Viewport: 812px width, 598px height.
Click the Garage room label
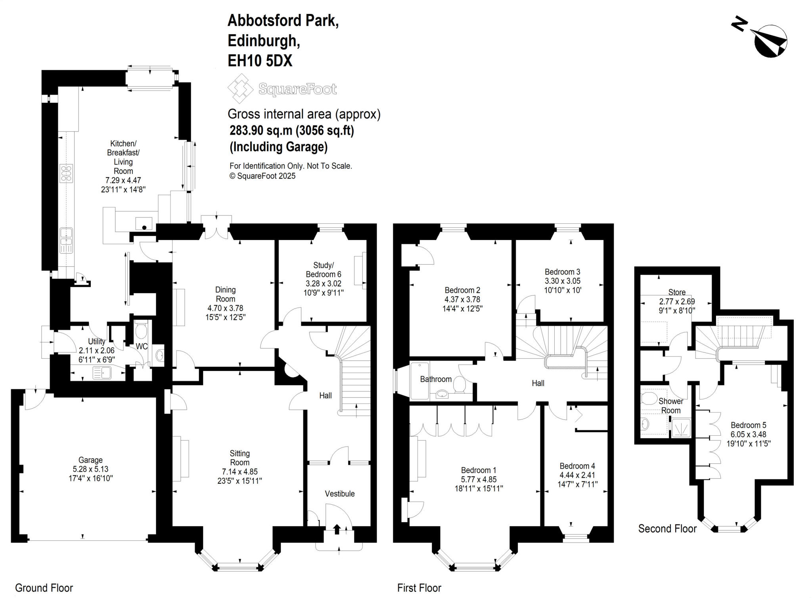[90, 460]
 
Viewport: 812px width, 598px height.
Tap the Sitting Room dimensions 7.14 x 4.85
[239, 472]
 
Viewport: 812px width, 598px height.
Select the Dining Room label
[225, 294]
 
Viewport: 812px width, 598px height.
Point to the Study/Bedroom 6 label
[323, 269]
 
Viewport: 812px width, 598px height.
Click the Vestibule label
[339, 494]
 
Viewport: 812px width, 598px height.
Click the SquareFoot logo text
[297, 89]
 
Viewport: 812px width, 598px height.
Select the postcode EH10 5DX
[260, 61]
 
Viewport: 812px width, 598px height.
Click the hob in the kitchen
[66, 173]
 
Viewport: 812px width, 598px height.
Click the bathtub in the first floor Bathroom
[419, 380]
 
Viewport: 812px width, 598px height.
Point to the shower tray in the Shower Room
[681, 429]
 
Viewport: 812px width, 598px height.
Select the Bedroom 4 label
[577, 466]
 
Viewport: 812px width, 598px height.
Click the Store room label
[676, 292]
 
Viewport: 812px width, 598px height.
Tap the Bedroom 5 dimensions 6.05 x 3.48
[748, 435]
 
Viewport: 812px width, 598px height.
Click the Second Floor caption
[667, 529]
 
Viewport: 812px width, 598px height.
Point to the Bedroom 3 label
[562, 272]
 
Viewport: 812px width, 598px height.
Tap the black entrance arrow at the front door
[337, 529]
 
